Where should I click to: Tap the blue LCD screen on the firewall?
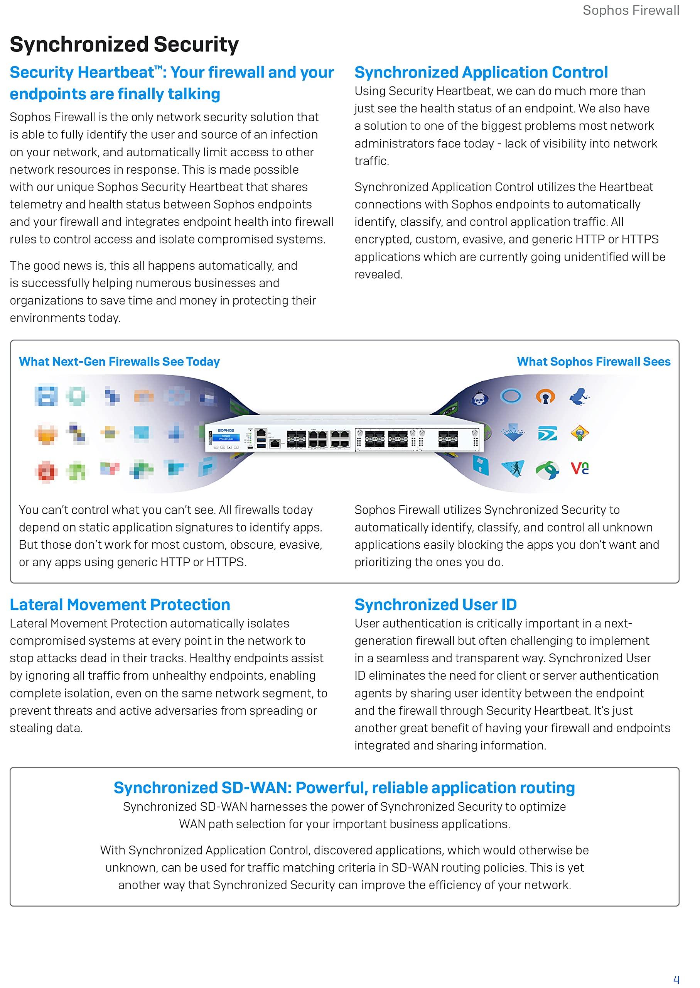coord(226,438)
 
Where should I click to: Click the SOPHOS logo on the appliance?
coord(226,430)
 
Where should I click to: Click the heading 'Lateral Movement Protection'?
coord(120,605)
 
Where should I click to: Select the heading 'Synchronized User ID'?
coord(435,605)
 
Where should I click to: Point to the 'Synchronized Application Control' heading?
coord(481,73)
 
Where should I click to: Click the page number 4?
coord(676,980)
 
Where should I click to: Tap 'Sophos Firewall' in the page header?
coord(631,10)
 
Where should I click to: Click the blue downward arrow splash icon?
coord(513,433)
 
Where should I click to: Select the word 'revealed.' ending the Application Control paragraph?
coord(378,274)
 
